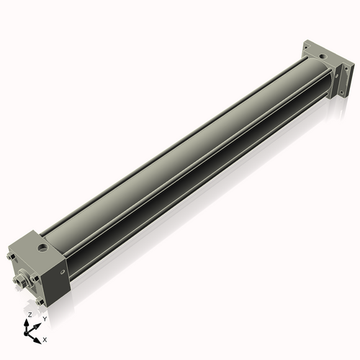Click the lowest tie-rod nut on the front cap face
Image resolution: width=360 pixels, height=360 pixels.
click(42, 302)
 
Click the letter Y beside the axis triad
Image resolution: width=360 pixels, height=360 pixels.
click(45, 318)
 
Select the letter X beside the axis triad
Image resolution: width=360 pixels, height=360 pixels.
click(45, 338)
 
